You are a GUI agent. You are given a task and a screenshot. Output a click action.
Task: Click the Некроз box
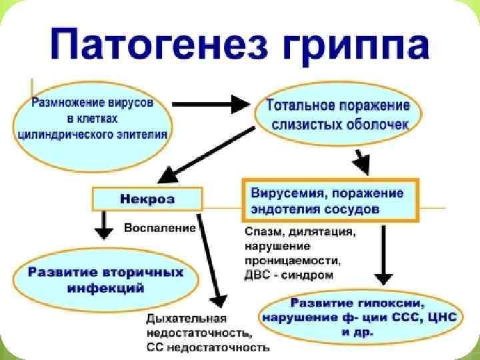[147, 199]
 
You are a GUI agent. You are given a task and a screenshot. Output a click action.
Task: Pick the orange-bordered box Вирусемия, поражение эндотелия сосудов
[330, 200]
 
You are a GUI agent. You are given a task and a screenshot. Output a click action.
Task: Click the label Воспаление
[160, 227]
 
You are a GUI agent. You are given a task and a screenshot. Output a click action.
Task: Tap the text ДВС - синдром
[289, 274]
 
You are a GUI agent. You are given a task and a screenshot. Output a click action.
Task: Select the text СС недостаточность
[207, 347]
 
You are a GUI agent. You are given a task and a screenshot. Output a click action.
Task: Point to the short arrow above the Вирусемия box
[361, 161]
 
